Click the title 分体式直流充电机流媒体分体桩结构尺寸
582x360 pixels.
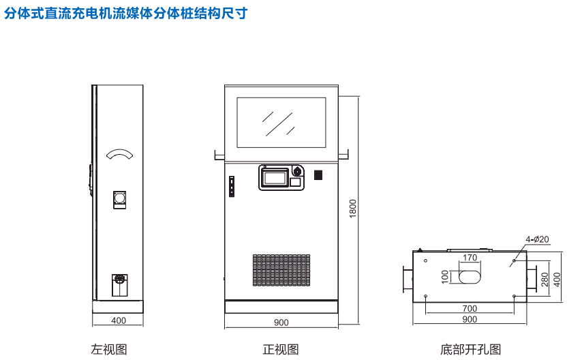tap(126, 13)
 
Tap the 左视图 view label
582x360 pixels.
tap(109, 349)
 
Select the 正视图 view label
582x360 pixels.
tap(281, 349)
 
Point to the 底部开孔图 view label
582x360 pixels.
tap(470, 349)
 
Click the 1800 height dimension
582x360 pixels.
tap(352, 209)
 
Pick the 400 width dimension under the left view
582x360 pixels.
tap(119, 320)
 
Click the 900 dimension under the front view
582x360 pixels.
tap(281, 322)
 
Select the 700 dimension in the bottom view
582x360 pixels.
tap(470, 309)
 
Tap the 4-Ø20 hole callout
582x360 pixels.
tap(537, 239)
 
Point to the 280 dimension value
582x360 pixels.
tap(545, 279)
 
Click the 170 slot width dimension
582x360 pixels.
tap(470, 258)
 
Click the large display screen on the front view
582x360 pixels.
tap(281, 122)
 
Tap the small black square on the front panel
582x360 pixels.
tap(318, 175)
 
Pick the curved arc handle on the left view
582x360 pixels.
tap(119, 154)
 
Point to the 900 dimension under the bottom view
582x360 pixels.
tap(470, 319)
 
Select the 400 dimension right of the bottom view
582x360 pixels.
tap(557, 279)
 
